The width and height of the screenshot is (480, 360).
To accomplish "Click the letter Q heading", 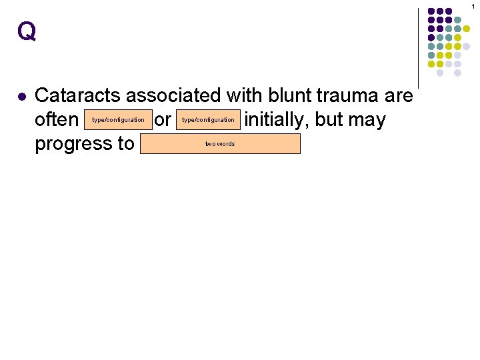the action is pyautogui.click(x=27, y=31).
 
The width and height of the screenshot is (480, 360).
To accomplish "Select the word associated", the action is pyautogui.click(x=175, y=96).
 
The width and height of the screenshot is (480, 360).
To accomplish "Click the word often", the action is pyautogui.click(x=57, y=120).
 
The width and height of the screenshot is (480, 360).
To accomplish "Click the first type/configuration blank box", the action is pyautogui.click(x=118, y=120).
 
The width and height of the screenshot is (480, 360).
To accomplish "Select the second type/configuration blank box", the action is pyautogui.click(x=208, y=120).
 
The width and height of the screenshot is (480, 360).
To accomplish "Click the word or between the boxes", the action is pyautogui.click(x=162, y=121).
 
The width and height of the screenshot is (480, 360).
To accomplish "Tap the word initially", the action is pyautogui.click(x=277, y=120).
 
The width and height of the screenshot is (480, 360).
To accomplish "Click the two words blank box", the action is pyautogui.click(x=220, y=144).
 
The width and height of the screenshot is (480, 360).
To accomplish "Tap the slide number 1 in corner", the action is pyautogui.click(x=473, y=5).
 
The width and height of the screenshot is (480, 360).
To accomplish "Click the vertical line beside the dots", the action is pyautogui.click(x=418, y=47).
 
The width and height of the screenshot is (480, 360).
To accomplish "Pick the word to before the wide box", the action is pyautogui.click(x=125, y=144).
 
